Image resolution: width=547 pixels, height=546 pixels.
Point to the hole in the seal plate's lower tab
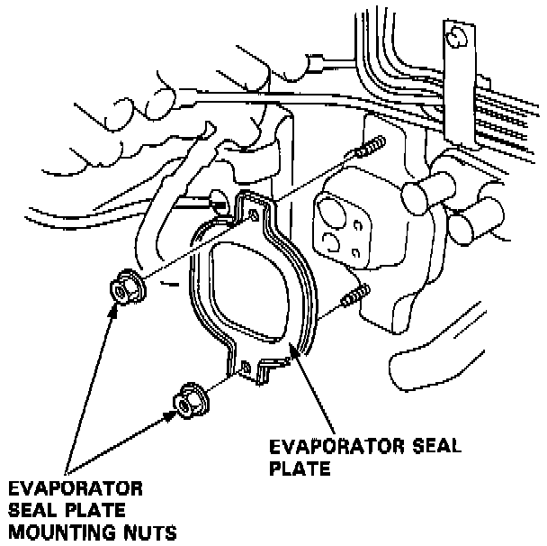tap(245, 366)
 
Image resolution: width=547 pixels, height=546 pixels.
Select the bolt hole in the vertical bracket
tap(456, 37)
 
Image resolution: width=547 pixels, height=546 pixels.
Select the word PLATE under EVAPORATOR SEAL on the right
tap(300, 469)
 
